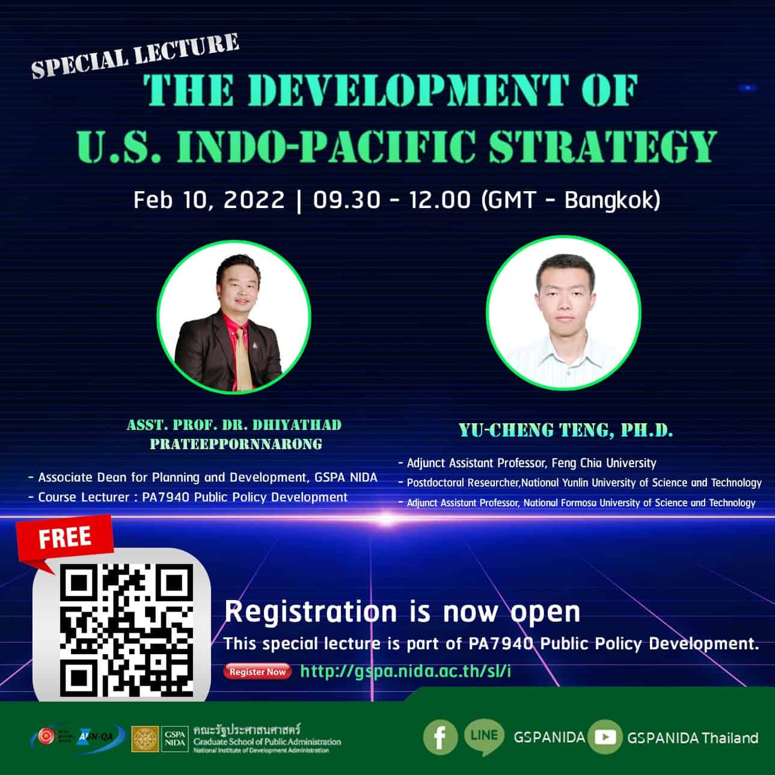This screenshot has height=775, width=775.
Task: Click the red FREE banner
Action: click(x=65, y=538)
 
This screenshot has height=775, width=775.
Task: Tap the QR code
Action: click(x=126, y=629)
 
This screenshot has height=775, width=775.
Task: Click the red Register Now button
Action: click(x=257, y=672)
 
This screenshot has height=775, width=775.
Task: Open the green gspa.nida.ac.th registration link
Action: click(x=405, y=671)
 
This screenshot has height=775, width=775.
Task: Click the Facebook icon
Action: click(x=440, y=737)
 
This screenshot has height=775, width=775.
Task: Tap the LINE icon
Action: click(x=484, y=737)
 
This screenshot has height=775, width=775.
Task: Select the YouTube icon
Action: click(x=604, y=737)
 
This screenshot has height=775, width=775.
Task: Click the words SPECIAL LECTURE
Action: click(x=135, y=56)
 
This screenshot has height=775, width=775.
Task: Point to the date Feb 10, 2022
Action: click(x=209, y=200)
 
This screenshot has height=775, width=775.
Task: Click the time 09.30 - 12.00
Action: click(x=391, y=200)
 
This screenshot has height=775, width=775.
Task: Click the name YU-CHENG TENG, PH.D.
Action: click(x=565, y=430)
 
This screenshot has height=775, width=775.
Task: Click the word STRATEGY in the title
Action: click(x=602, y=146)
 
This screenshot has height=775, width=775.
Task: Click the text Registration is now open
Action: click(x=402, y=612)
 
